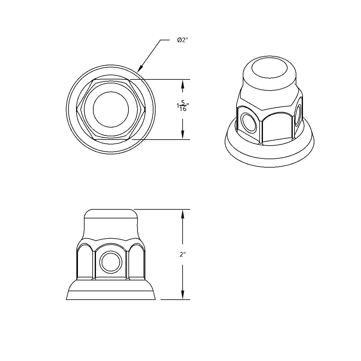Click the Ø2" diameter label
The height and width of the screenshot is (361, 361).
click(183, 40)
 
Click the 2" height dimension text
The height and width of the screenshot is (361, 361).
click(183, 255)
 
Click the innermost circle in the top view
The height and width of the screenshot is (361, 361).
click(111, 109)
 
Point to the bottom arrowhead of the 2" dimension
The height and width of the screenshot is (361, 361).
click(182, 296)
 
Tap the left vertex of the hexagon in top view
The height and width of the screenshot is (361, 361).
click(77, 109)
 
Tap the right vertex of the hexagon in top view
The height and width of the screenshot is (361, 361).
click(145, 109)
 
